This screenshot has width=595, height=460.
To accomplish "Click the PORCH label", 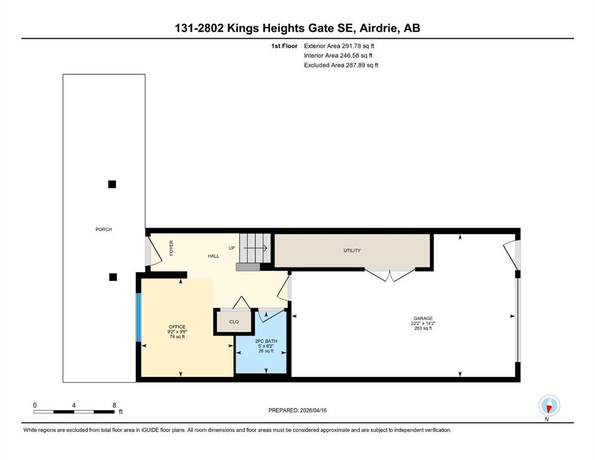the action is click(104, 229).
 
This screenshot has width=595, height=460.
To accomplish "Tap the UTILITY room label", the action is click(352, 251).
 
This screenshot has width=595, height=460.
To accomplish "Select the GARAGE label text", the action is click(423, 319).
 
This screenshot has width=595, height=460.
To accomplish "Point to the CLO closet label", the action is click(234, 322).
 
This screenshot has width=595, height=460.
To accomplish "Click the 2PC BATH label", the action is click(266, 341).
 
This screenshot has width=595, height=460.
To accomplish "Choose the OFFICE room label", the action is click(177, 327).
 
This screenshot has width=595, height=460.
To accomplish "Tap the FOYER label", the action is click(171, 248).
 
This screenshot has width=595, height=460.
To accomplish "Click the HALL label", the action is click(213, 256).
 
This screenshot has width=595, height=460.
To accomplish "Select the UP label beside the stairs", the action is click(231, 248).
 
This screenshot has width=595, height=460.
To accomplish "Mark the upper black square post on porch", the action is click(112, 184).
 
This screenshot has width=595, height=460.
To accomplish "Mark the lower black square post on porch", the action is click(113, 277).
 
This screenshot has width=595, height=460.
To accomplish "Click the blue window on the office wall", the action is click(138, 317).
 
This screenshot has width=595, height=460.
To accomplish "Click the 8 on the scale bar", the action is click(114, 405).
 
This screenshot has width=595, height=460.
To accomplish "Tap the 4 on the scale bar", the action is click(74, 405).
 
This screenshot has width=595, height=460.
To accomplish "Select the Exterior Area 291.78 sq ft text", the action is click(339, 46).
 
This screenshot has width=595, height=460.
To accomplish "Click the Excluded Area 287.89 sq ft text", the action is click(341, 65).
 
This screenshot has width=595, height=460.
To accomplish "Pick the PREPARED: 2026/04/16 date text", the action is click(297, 410).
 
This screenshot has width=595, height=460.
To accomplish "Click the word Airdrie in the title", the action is click(379, 28).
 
